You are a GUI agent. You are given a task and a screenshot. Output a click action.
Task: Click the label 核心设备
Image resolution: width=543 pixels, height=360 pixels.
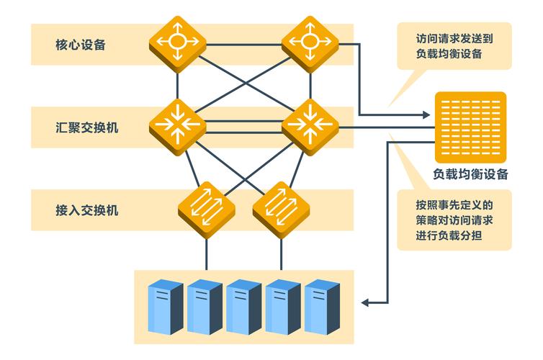click(x=81, y=45)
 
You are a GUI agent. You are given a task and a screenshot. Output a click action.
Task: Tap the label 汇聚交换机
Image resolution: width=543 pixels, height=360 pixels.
click(x=87, y=127)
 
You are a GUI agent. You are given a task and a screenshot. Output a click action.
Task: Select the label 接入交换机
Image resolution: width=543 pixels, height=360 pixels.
click(x=87, y=210)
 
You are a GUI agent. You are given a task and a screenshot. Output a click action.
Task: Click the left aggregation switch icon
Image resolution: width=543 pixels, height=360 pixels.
click(x=178, y=125)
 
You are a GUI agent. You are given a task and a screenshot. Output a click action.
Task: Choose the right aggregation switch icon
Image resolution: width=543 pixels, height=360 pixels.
click(x=310, y=125)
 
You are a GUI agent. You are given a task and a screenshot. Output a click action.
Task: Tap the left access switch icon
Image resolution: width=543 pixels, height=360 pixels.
click(x=207, y=207)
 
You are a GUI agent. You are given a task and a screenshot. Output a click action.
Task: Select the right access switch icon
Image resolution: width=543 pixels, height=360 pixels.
click(x=281, y=207)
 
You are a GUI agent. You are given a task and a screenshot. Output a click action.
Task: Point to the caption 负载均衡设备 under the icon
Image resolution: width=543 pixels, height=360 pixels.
click(x=470, y=174)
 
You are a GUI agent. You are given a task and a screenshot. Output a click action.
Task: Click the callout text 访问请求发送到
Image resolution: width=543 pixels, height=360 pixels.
click(x=454, y=38)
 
